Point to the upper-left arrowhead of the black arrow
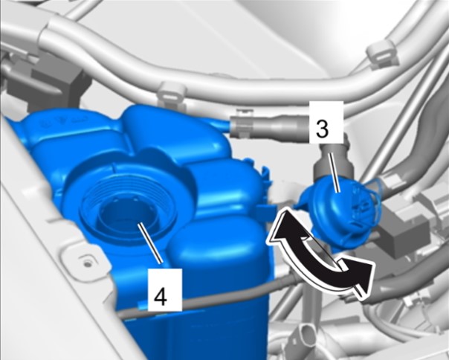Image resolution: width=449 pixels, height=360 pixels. (x=281, y=226)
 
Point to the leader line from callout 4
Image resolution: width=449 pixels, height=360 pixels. (x=150, y=243)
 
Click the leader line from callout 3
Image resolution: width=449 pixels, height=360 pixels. (x=335, y=173)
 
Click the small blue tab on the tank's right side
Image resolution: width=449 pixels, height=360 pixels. (x=263, y=211)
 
